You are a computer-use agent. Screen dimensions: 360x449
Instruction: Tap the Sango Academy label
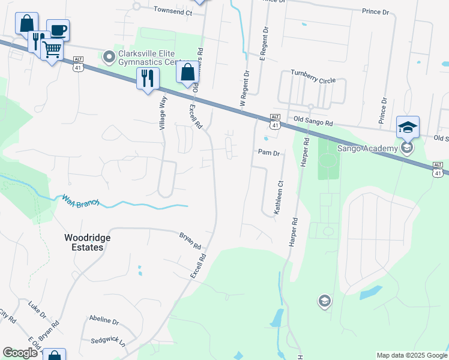click(367, 148)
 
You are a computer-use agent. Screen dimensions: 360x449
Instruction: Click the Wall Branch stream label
click(80, 200)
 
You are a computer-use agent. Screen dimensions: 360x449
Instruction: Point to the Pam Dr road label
click(269, 153)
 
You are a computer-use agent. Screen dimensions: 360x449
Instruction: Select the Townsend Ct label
click(172, 11)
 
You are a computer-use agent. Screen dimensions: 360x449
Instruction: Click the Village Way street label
click(162, 113)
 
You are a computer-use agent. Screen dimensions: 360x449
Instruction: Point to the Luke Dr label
click(37, 309)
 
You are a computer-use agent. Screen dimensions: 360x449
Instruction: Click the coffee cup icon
click(58, 30)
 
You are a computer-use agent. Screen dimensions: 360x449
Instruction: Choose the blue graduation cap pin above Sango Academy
click(408, 127)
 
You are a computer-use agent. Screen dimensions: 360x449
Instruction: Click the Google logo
click(20, 353)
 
